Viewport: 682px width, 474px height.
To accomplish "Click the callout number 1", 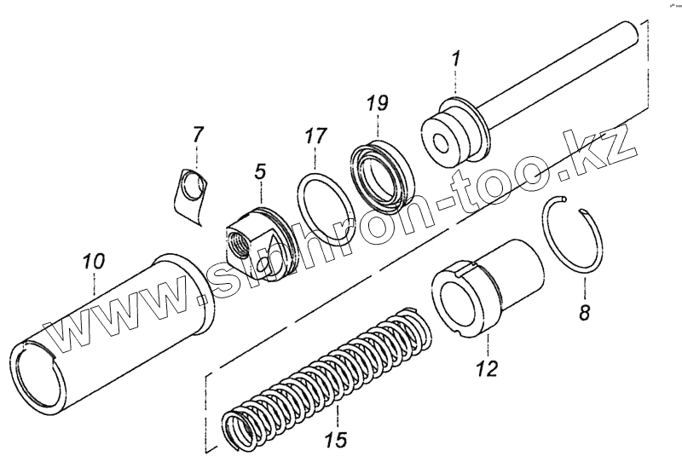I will point(456,60).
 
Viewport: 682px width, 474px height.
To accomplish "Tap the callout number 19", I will point(377,104).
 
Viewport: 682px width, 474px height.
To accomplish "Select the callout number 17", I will point(315,136).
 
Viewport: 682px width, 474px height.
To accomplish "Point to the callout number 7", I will point(198,134).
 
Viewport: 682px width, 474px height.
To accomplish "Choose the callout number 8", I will point(584,312).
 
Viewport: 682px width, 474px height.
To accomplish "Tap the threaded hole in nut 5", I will point(239,242).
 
